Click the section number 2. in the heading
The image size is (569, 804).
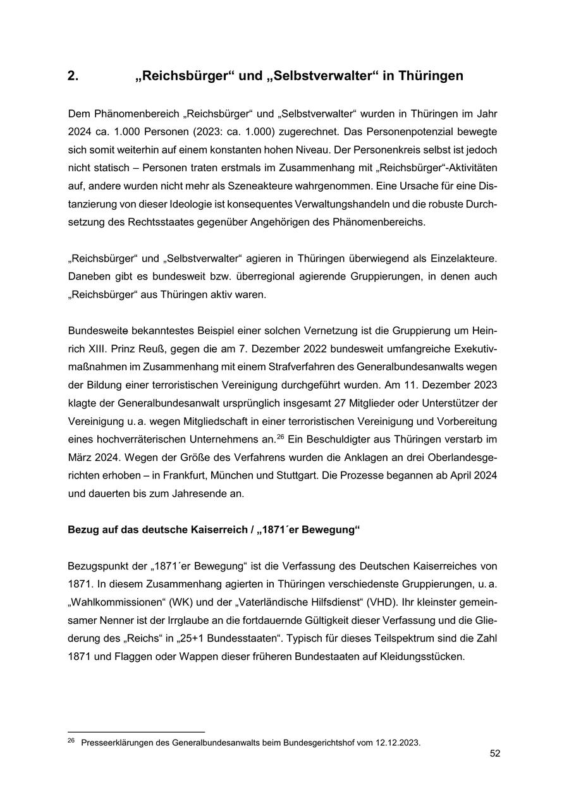[73, 76]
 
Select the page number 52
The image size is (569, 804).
[495, 753]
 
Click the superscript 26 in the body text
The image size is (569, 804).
[280, 436]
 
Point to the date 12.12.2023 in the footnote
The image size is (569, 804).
[396, 743]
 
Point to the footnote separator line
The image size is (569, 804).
[136, 732]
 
